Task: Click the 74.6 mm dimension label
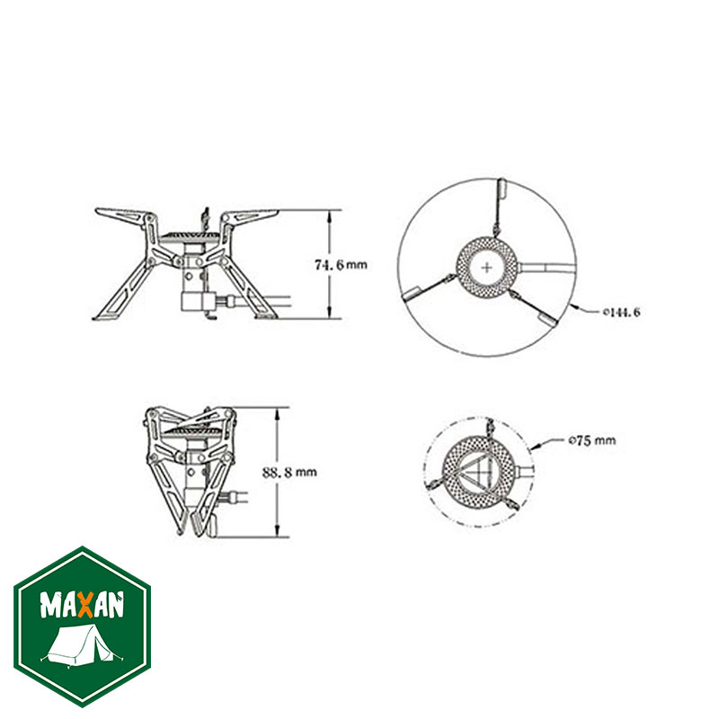[341, 265]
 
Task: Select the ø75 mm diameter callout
[591, 440]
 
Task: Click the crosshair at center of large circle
[486, 266]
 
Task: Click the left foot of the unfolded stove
[102, 315]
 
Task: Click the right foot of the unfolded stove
[266, 315]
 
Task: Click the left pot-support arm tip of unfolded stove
[104, 213]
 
